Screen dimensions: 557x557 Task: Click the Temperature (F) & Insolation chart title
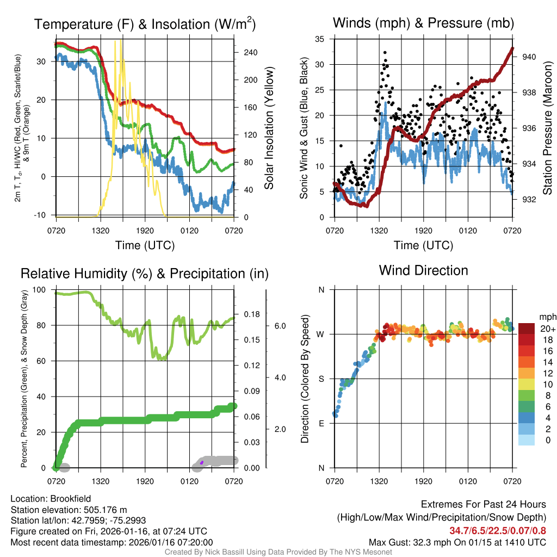click(x=145, y=24)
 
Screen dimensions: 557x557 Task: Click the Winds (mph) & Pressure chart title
click(x=423, y=23)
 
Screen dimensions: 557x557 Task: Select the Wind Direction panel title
click(x=423, y=270)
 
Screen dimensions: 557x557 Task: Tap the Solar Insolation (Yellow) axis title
click(x=269, y=128)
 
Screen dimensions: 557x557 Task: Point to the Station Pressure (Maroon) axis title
click(x=547, y=128)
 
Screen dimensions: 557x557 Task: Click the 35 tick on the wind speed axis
click(x=320, y=39)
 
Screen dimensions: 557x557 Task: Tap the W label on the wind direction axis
click(x=321, y=334)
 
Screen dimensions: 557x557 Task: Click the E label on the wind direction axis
click(x=321, y=423)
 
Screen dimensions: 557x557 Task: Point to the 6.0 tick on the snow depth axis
click(x=280, y=326)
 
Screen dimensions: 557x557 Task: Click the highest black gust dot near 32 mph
click(x=385, y=53)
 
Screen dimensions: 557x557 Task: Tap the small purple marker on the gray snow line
click(x=202, y=462)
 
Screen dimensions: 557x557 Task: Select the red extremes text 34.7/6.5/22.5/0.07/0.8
click(x=498, y=530)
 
